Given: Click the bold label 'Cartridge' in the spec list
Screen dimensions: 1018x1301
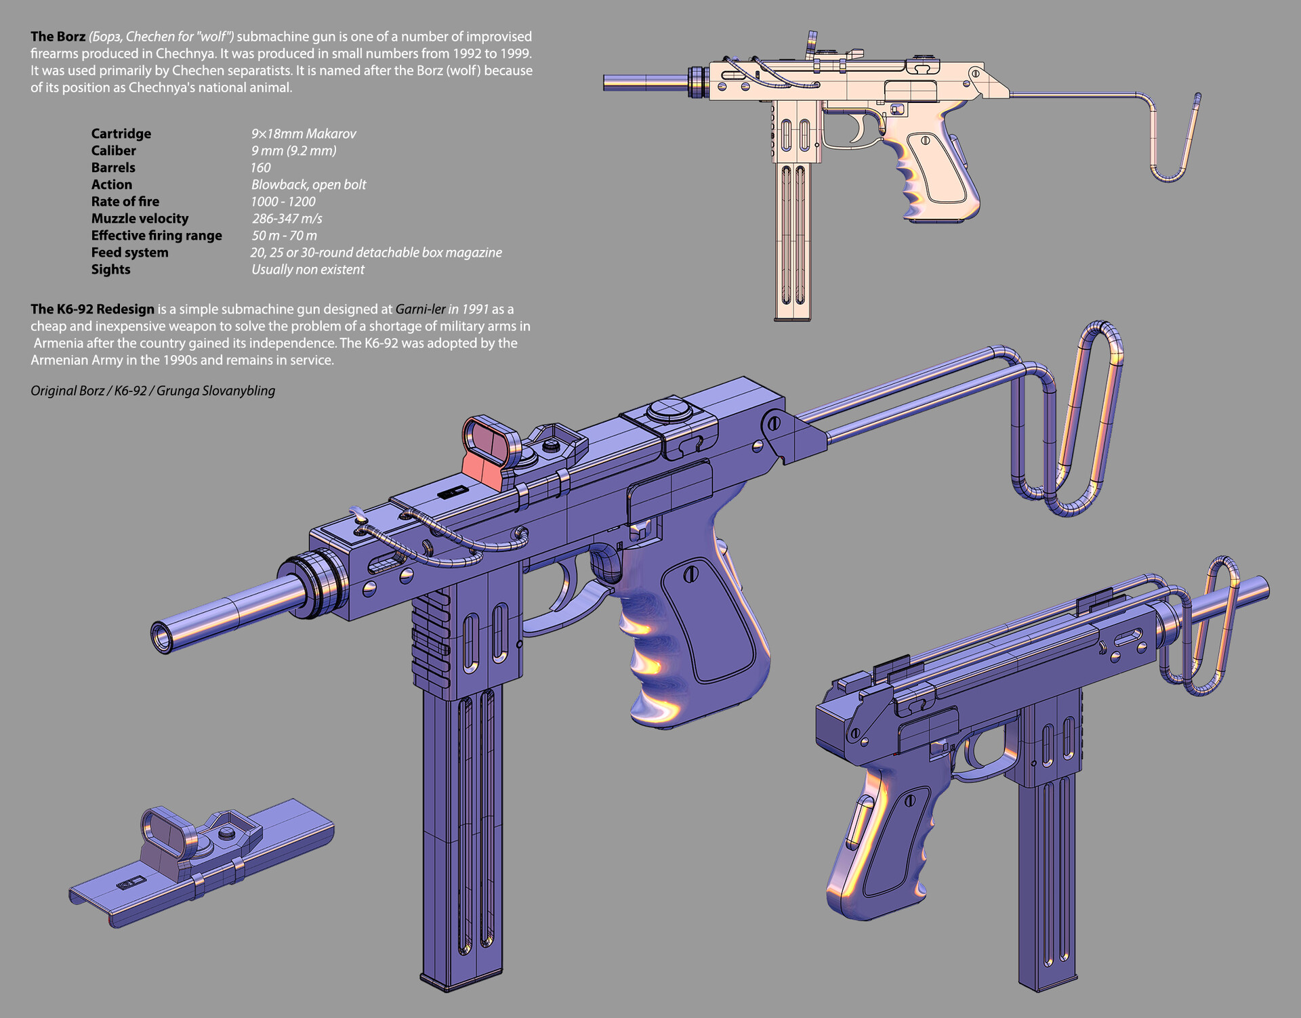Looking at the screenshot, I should tap(121, 133).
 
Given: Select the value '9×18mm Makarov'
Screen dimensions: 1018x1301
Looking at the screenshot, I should tap(304, 133).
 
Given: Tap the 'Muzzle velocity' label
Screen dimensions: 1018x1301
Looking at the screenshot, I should tap(140, 218).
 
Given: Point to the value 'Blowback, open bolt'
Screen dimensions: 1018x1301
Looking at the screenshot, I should tap(308, 184).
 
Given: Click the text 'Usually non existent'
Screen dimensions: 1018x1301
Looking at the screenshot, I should tap(308, 269).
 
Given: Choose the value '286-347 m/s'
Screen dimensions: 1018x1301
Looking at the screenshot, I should tap(287, 218).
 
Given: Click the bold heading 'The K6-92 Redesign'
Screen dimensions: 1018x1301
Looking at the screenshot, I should tap(92, 309).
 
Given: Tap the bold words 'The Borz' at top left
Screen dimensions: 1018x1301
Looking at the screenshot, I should tap(58, 37).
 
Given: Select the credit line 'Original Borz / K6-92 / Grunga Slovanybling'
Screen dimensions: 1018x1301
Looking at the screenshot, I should tap(152, 391).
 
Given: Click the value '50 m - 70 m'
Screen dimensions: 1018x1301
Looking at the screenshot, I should tap(284, 235).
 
